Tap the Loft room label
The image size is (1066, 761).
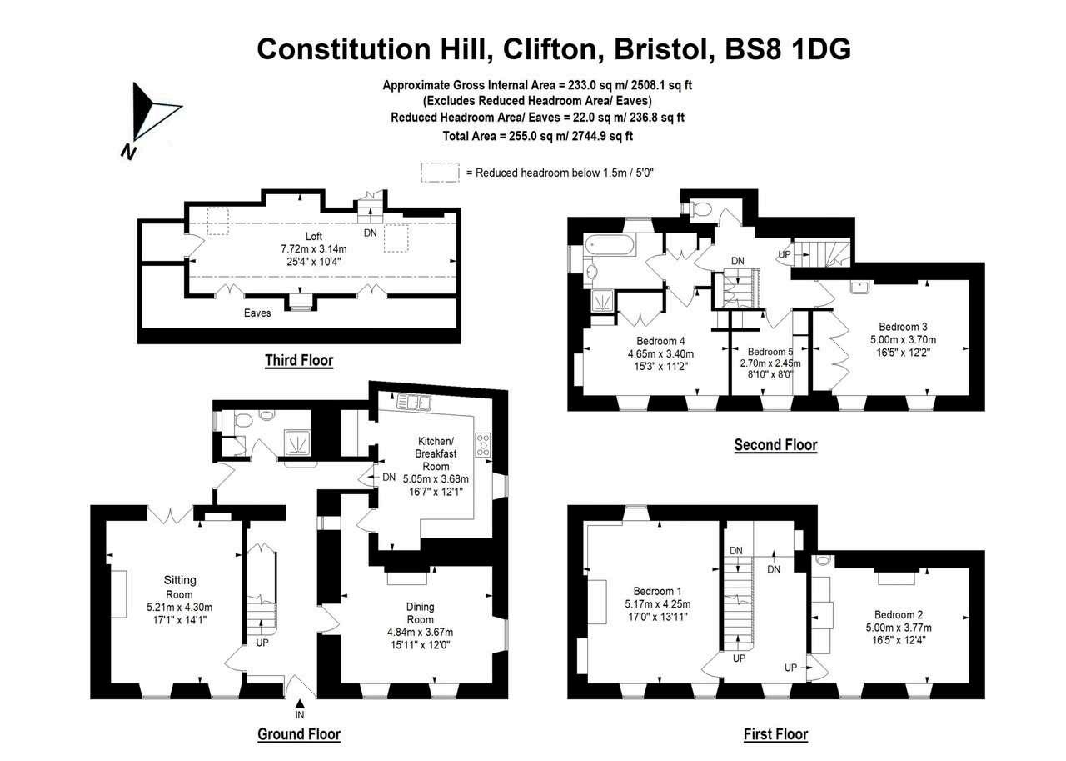(313, 236)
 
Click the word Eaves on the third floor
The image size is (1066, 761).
(257, 313)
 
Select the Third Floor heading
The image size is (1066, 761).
(298, 361)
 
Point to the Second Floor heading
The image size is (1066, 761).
(775, 445)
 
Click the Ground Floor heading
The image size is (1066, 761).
(298, 734)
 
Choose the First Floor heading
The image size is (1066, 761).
(775, 734)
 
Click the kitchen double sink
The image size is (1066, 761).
(414, 402)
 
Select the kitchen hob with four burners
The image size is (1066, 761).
(483, 444)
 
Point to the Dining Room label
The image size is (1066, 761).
(420, 613)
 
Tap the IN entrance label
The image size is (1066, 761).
(300, 714)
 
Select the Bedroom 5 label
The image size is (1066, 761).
(770, 352)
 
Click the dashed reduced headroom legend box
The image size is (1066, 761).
(440, 172)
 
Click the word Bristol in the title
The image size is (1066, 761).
(663, 48)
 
